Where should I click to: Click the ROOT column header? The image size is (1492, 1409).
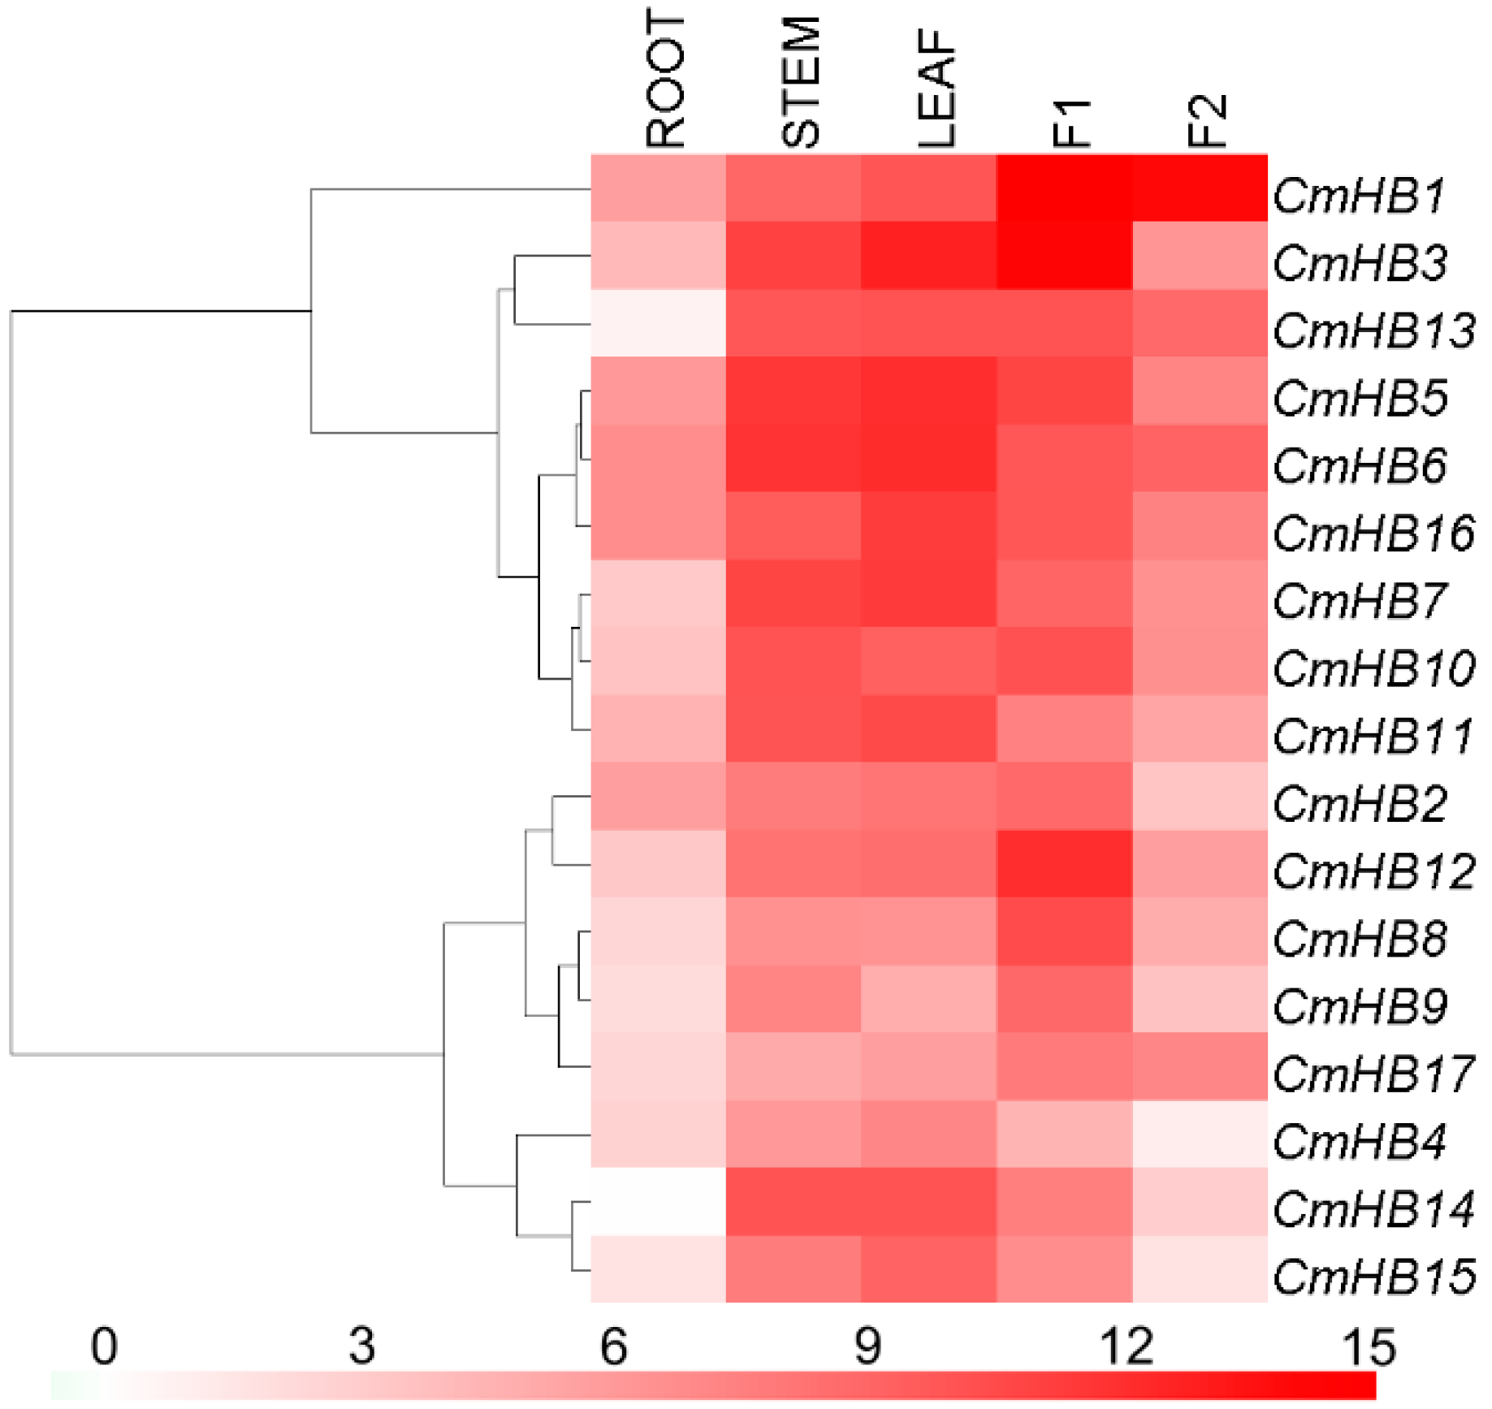pos(666,79)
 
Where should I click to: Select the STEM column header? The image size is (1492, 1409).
pos(802,82)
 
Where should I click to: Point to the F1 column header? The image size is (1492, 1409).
pos(1071,122)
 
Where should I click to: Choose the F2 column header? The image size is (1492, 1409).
pos(1207,120)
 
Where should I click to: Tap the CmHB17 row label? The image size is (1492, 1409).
pos(1373,1074)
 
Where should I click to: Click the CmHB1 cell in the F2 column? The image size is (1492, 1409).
pos(1200,188)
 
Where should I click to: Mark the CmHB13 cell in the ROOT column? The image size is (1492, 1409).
pos(658,323)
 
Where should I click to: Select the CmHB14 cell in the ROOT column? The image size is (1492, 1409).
pos(658,1201)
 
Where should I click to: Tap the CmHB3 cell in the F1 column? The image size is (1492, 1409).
pos(1064,255)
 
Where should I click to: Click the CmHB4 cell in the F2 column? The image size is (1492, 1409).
pos(1200,1134)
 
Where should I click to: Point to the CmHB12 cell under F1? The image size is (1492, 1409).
pos(1064,863)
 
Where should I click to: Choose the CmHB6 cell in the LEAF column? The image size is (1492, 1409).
pos(928,458)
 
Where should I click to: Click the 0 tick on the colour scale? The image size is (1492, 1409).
pos(104,1346)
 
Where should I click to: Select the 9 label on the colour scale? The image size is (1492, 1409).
pos(867,1346)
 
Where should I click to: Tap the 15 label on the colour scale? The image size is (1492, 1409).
pos(1369,1346)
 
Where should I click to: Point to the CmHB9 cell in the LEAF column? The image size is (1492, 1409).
pos(928,998)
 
